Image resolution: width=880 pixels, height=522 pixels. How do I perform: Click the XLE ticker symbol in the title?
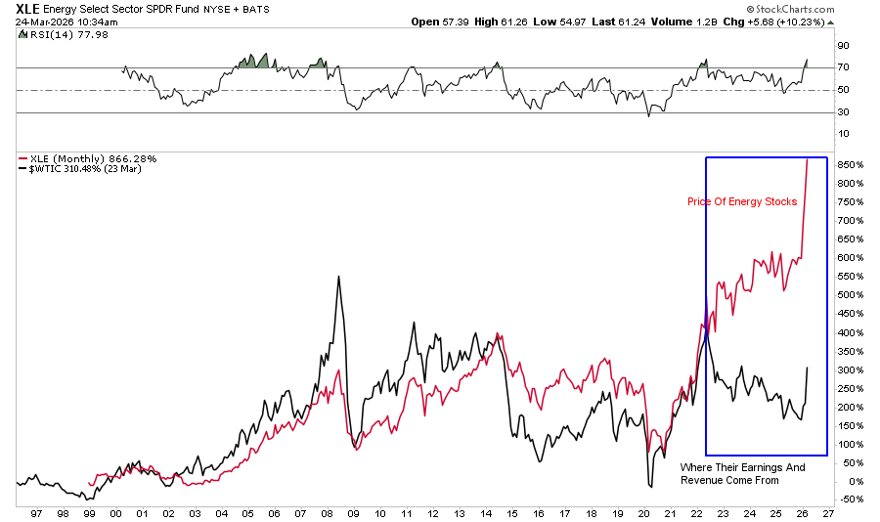pos(28,9)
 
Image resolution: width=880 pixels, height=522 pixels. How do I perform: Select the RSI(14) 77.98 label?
pos(55,35)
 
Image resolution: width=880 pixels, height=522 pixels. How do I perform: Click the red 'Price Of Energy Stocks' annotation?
pos(741,202)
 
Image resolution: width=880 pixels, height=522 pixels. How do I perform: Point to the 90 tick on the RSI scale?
pos(842,45)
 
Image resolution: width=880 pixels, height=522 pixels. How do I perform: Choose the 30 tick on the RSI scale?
pos(842,111)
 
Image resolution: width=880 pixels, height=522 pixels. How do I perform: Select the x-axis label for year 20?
pos(642,512)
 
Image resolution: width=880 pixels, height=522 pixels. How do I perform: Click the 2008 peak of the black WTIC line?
pos(338,277)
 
